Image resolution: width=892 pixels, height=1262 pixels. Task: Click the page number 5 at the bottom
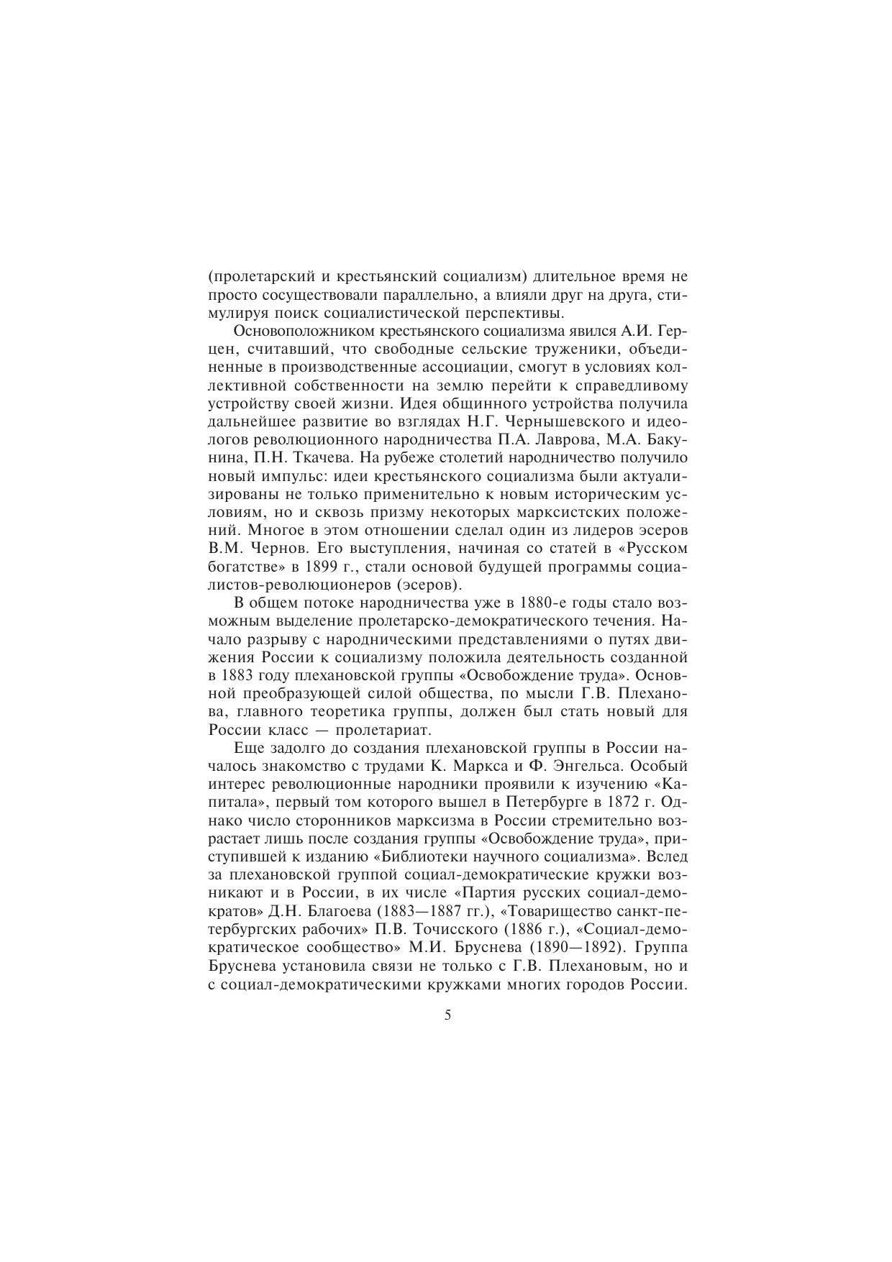pyautogui.click(x=447, y=1015)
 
